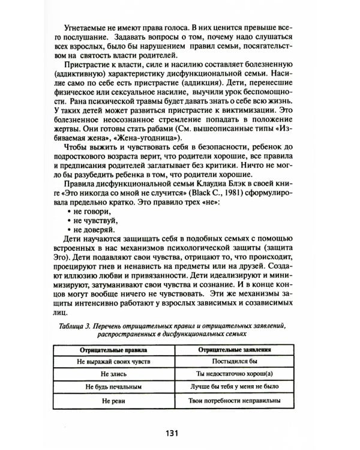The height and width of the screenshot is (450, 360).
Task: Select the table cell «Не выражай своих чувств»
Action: pyautogui.click(x=113, y=362)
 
